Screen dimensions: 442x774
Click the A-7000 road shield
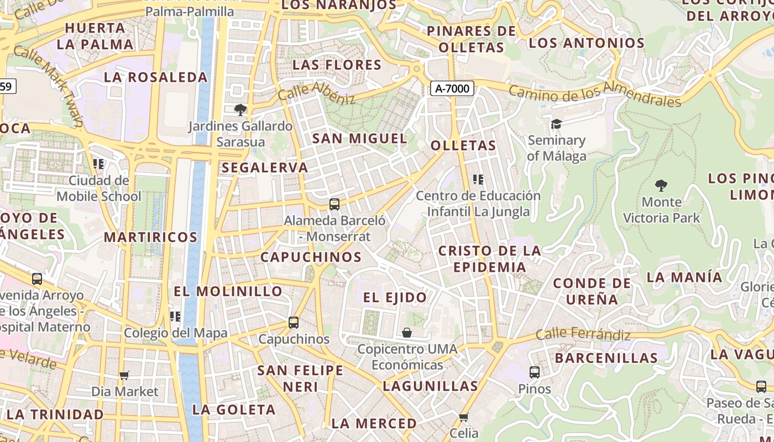[x=452, y=88]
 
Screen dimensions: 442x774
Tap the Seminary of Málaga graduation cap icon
[x=556, y=124]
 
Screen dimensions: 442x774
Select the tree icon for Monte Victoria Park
[x=661, y=185]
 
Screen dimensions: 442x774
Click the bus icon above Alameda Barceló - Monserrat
[x=334, y=204]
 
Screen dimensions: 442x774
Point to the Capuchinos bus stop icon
[x=294, y=322]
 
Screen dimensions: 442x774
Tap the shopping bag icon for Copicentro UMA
[x=407, y=333]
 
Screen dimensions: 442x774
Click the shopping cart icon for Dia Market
[x=124, y=375]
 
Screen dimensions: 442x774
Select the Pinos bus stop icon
[x=534, y=372]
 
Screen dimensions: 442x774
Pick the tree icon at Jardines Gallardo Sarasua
[x=240, y=109]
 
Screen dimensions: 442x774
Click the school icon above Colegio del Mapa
[x=175, y=316]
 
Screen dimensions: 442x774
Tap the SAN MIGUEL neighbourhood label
[x=359, y=138]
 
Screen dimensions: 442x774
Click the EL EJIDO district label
[x=395, y=297]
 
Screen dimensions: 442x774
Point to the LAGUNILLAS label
[x=430, y=386]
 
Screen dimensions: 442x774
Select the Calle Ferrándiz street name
[x=583, y=334]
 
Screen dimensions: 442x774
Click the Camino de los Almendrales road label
[x=594, y=94]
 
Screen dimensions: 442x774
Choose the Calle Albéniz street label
[x=316, y=92]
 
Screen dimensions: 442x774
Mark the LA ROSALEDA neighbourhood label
[x=155, y=77]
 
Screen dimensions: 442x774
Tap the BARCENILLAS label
[x=606, y=358]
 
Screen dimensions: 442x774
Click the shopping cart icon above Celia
[x=463, y=417]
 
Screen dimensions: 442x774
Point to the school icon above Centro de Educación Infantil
[x=478, y=179]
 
